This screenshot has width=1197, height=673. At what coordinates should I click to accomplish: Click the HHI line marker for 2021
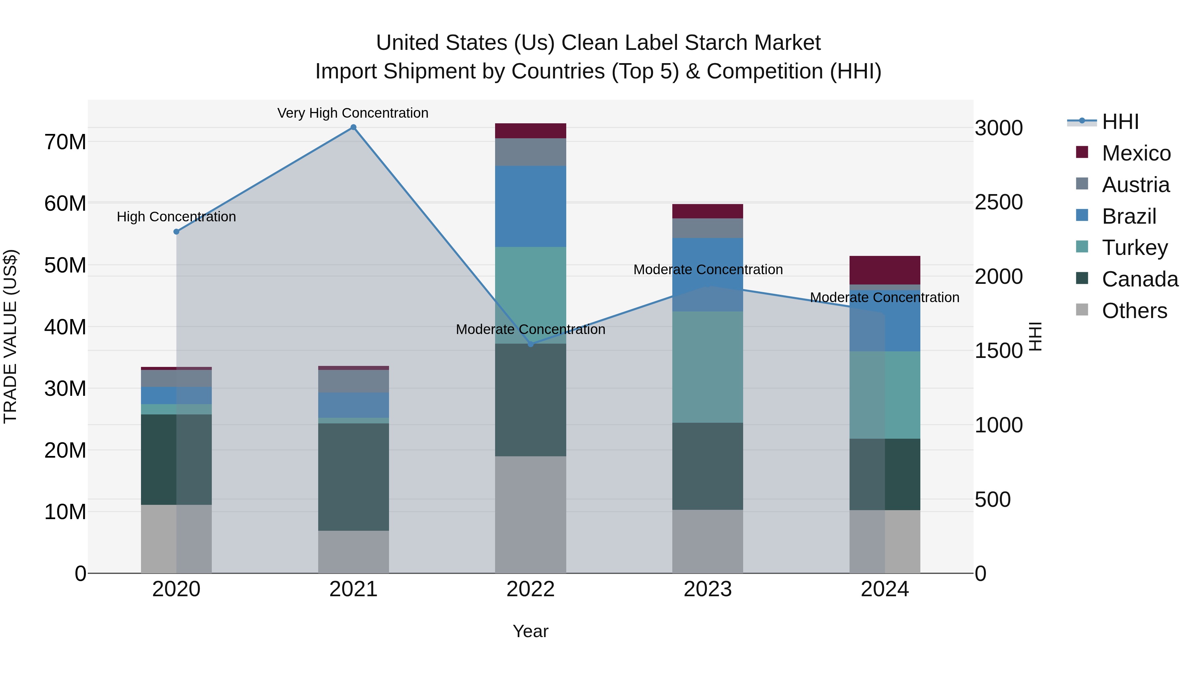tap(353, 127)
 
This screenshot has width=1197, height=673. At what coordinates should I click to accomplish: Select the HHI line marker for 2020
tap(176, 232)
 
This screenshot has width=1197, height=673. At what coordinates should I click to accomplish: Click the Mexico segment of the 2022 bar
tap(531, 131)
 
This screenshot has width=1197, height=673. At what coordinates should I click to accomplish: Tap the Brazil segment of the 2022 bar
tap(531, 206)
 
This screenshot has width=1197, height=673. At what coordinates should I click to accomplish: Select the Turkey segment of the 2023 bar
tap(708, 367)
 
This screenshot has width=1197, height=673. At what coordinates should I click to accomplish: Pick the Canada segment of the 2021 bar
tap(353, 477)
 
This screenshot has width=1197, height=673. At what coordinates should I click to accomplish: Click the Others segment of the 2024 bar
tap(885, 542)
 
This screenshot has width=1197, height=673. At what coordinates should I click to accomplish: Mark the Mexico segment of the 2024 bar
tap(885, 270)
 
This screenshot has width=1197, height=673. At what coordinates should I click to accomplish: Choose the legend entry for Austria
tap(1135, 185)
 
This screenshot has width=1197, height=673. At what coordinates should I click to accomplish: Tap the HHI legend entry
tap(1120, 122)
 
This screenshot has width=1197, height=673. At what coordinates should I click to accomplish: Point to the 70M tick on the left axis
tap(65, 142)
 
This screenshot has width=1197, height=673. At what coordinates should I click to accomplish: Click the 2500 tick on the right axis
tap(998, 202)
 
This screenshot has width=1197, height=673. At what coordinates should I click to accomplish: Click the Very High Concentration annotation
tap(353, 113)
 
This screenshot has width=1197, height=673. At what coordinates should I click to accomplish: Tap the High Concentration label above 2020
tap(176, 217)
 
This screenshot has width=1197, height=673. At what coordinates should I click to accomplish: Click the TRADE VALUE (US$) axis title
tap(11, 336)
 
